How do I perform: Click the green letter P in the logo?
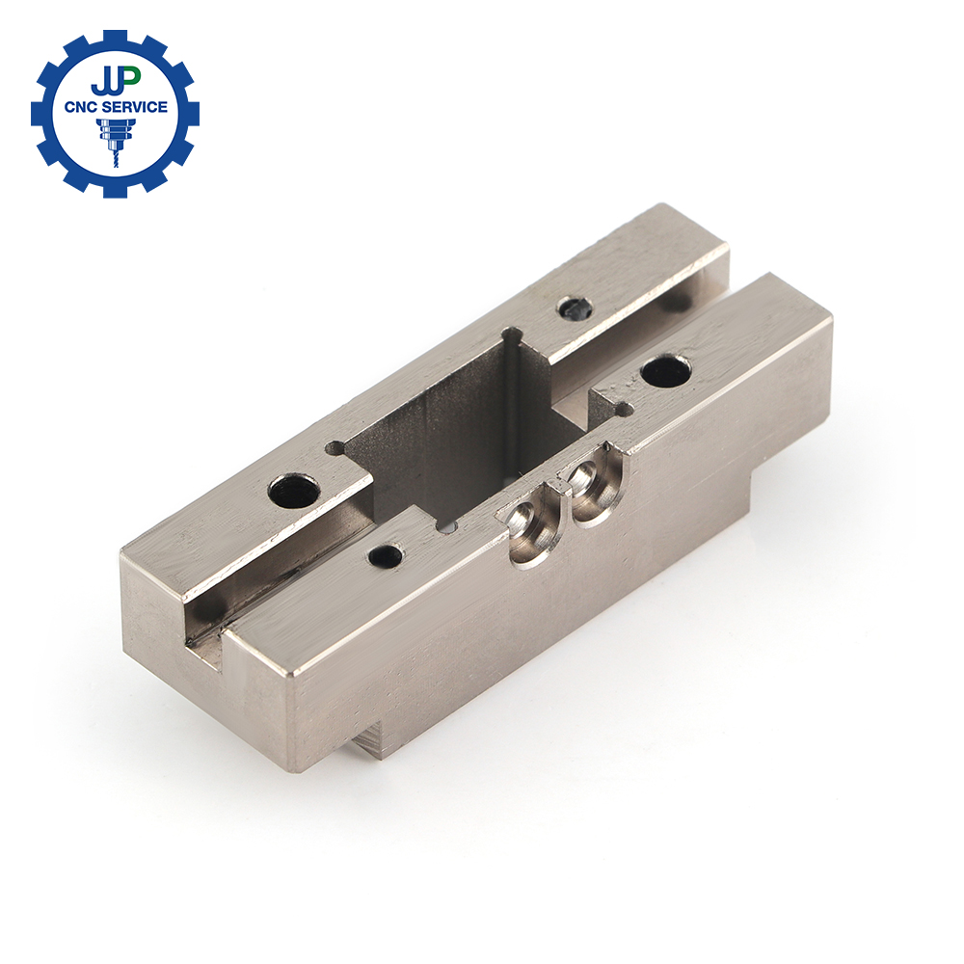point(130,78)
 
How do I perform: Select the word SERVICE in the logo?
point(137,106)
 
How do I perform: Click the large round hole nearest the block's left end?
point(294,492)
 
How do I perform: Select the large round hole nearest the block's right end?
point(666,371)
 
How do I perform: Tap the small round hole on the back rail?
point(576,308)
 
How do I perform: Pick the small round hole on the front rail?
point(387,557)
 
